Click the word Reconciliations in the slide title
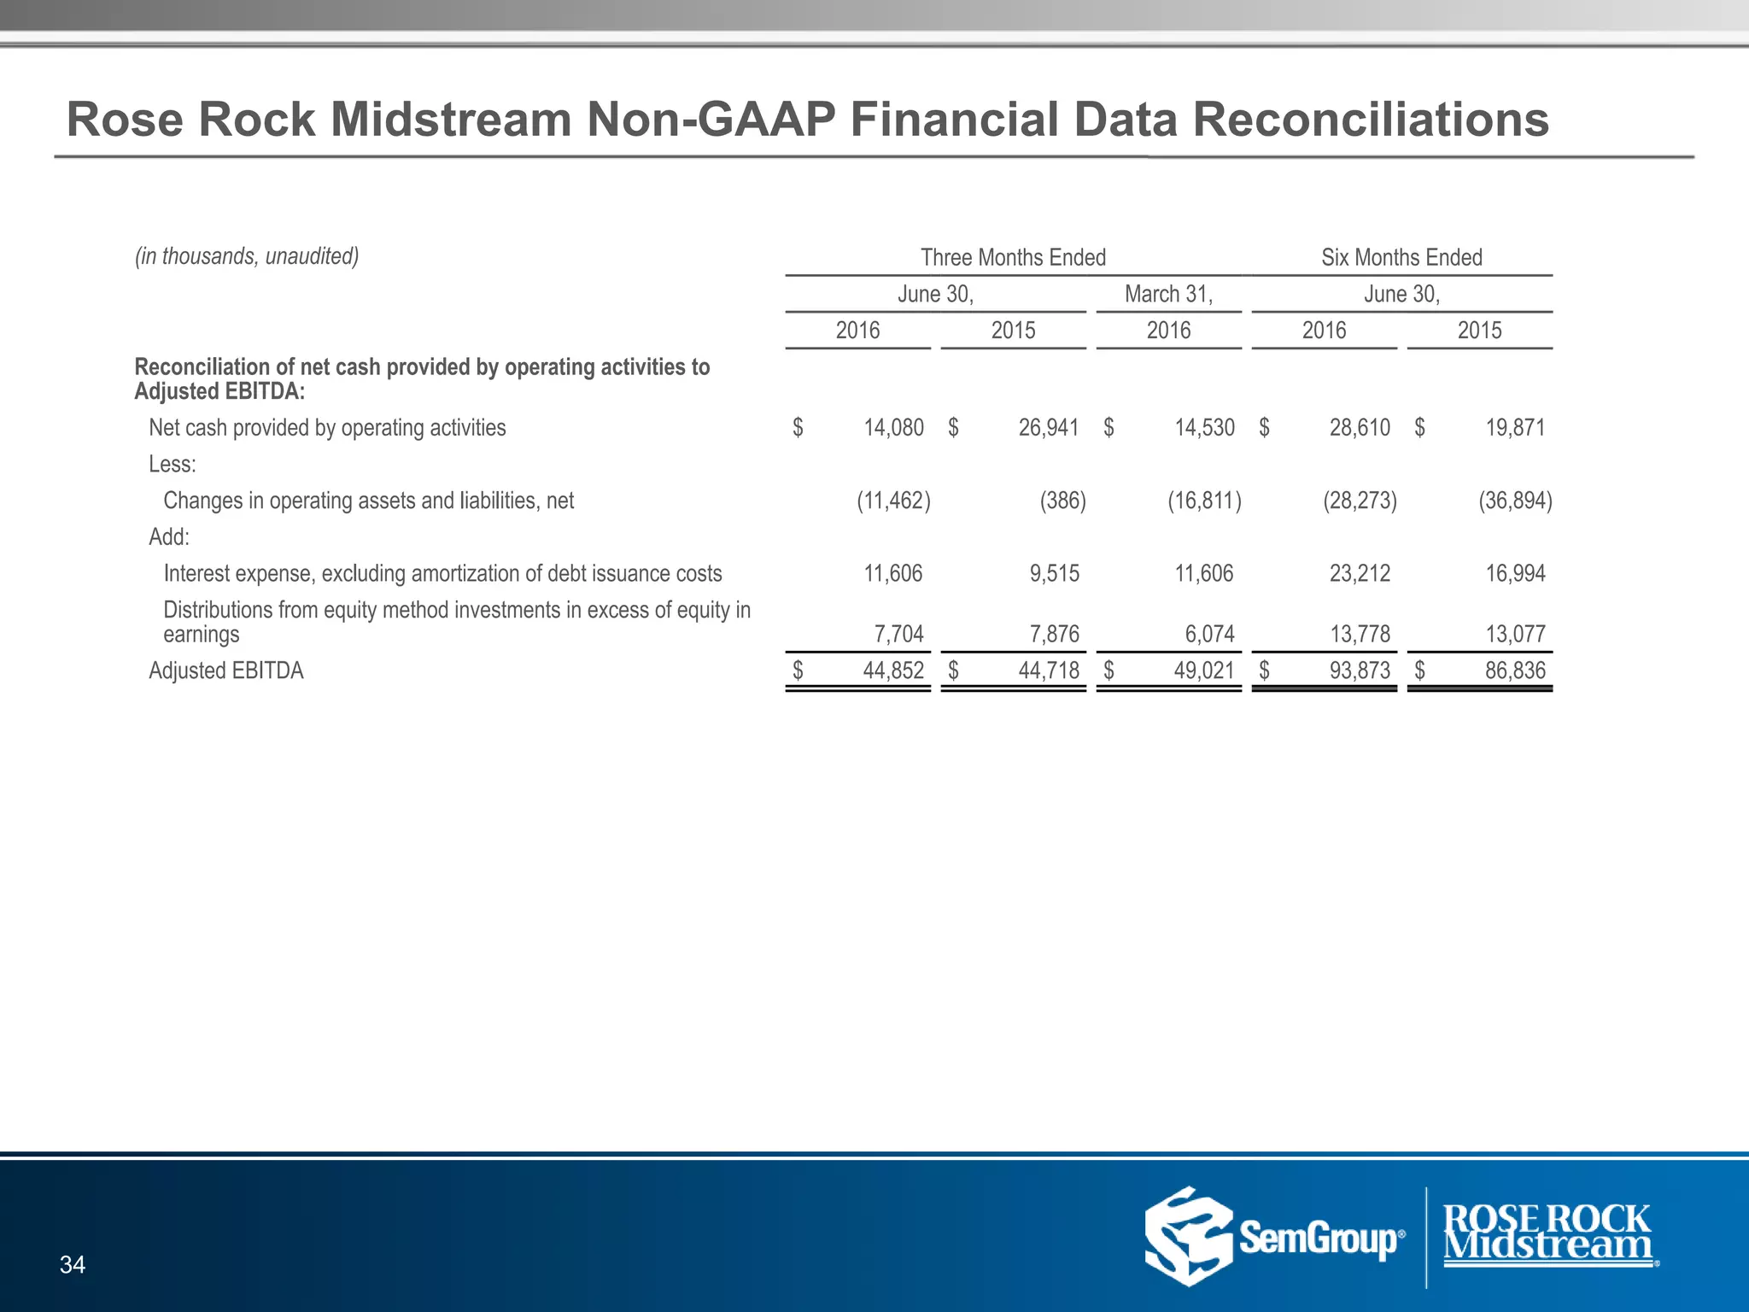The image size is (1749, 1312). coord(1370,120)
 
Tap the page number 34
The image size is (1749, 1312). coord(73,1264)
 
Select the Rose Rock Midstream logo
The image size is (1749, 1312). coord(1548,1233)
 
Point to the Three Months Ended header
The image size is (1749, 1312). coord(1013,257)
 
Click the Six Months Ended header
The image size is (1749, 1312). coord(1401,257)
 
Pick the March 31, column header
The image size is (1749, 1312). coord(1168,294)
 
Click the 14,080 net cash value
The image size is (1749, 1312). coord(893,427)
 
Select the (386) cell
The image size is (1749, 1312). coord(1062,501)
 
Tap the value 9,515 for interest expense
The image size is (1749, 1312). coord(1054,573)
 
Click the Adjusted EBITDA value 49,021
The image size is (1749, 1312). coord(1204,671)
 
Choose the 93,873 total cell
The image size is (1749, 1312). coord(1360,671)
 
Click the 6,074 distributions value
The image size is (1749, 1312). coord(1209,634)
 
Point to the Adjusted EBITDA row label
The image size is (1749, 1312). coord(226,671)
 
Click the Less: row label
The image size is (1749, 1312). coord(173,464)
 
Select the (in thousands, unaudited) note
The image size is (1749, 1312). coord(247,256)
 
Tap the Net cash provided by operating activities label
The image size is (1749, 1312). coord(327,427)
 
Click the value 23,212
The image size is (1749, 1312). coord(1360,573)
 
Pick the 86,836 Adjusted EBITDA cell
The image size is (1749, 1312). coord(1515,671)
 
